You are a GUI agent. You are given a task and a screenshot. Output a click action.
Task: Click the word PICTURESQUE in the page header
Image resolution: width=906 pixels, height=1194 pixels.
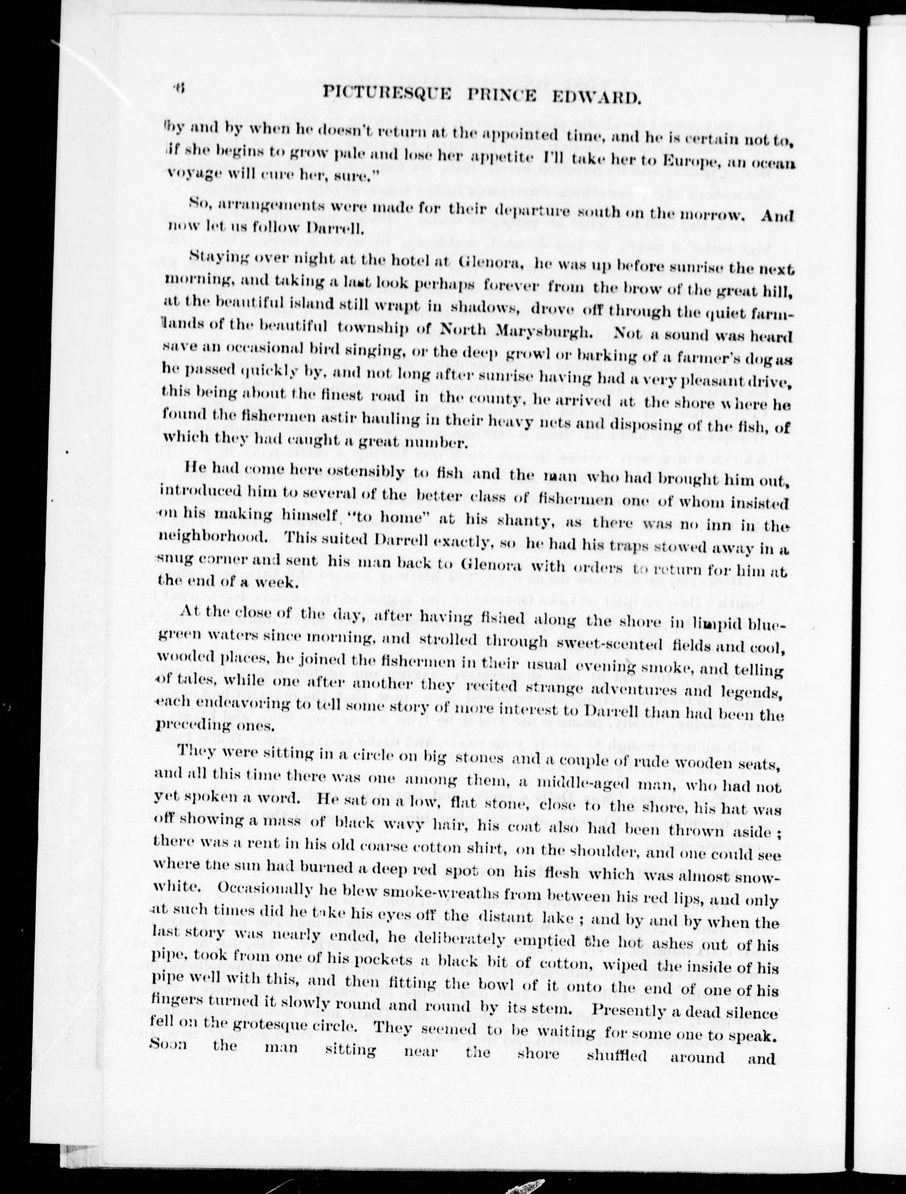tap(387, 95)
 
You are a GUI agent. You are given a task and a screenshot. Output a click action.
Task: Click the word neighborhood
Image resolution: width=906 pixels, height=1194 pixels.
tap(211, 537)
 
